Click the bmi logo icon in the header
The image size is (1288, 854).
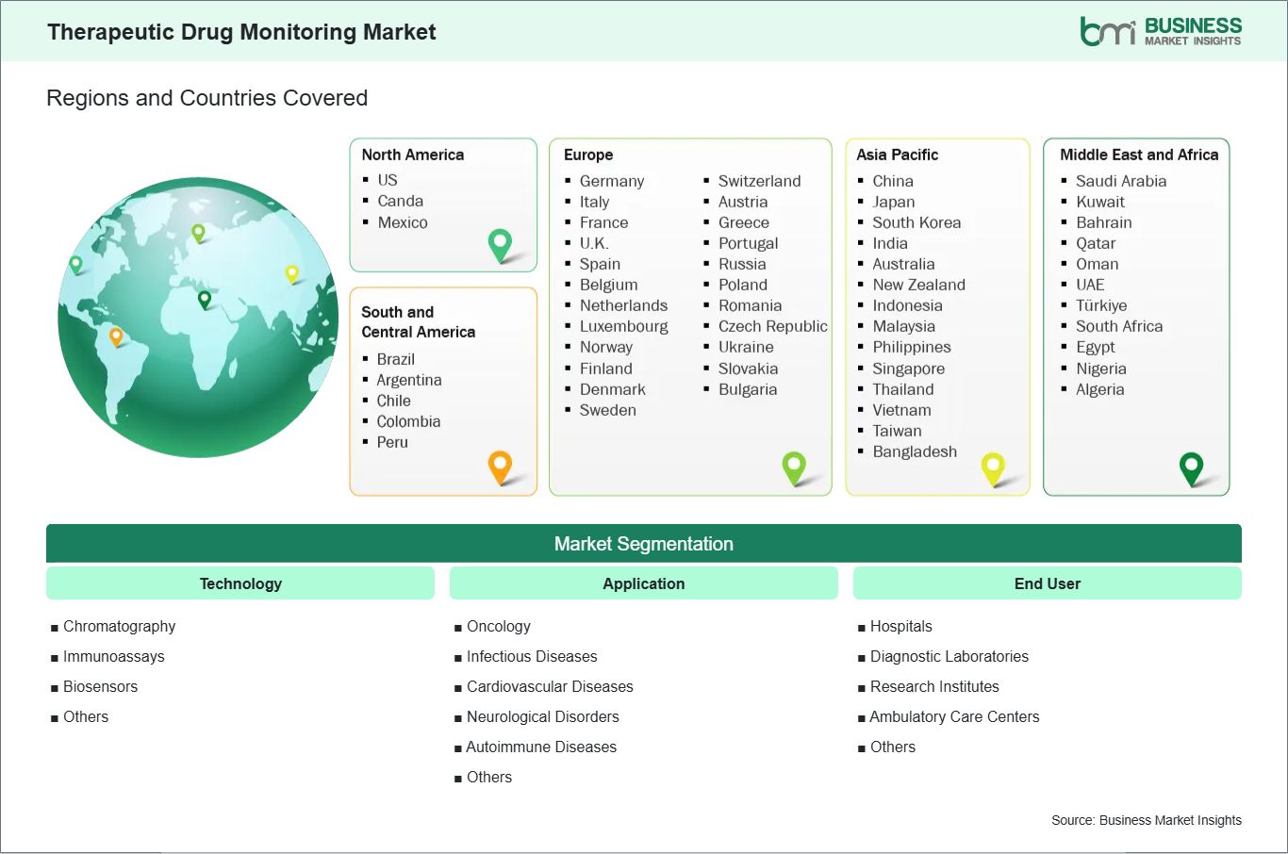click(x=1108, y=31)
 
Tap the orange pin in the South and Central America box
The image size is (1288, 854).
click(x=501, y=468)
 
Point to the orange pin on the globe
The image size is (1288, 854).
click(x=116, y=337)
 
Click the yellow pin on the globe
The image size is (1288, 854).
click(x=292, y=274)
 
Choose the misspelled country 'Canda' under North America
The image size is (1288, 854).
click(x=400, y=201)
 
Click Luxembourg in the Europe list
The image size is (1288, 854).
click(x=624, y=326)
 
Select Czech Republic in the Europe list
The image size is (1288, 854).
click(x=773, y=326)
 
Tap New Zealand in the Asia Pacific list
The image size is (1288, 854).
click(x=918, y=285)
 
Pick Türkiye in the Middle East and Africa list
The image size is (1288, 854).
click(x=1101, y=305)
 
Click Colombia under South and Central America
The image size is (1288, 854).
click(x=408, y=422)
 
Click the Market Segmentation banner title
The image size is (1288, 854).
click(x=643, y=544)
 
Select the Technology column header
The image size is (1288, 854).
click(x=240, y=583)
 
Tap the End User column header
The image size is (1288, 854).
click(x=1047, y=583)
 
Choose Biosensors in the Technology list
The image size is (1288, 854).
click(x=101, y=687)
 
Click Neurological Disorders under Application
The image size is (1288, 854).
click(x=543, y=716)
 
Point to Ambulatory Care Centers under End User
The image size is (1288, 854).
click(x=954, y=716)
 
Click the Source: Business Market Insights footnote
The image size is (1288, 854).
click(x=1147, y=820)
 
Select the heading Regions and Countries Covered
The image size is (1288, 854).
click(x=207, y=98)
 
